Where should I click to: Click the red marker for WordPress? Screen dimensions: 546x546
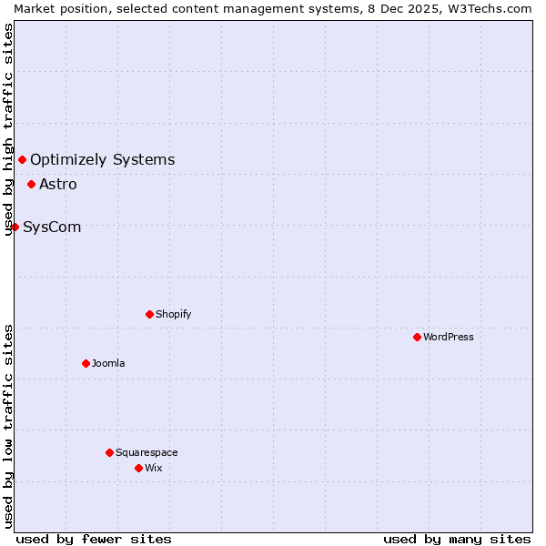(417, 337)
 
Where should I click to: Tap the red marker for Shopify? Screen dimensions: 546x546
(149, 314)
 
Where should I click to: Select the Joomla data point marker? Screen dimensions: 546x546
(86, 363)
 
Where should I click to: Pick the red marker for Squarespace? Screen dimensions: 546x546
(109, 452)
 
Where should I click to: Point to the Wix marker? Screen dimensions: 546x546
(138, 468)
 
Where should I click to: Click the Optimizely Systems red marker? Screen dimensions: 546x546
(22, 160)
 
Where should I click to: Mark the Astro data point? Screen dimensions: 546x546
(31, 184)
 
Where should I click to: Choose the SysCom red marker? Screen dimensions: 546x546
(15, 227)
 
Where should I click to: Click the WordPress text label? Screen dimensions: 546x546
(449, 337)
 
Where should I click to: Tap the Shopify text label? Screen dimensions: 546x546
(174, 314)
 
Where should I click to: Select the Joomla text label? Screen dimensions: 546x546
(108, 363)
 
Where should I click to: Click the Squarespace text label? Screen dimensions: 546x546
(147, 452)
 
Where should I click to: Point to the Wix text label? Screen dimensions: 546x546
(154, 468)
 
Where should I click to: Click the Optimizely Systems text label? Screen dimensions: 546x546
(103, 160)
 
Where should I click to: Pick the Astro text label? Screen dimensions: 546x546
(58, 184)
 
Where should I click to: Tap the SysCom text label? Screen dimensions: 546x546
(52, 227)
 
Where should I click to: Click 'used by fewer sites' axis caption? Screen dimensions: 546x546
(94, 539)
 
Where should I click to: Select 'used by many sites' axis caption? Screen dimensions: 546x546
(457, 539)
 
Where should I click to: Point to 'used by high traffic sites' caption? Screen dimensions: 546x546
(8, 130)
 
